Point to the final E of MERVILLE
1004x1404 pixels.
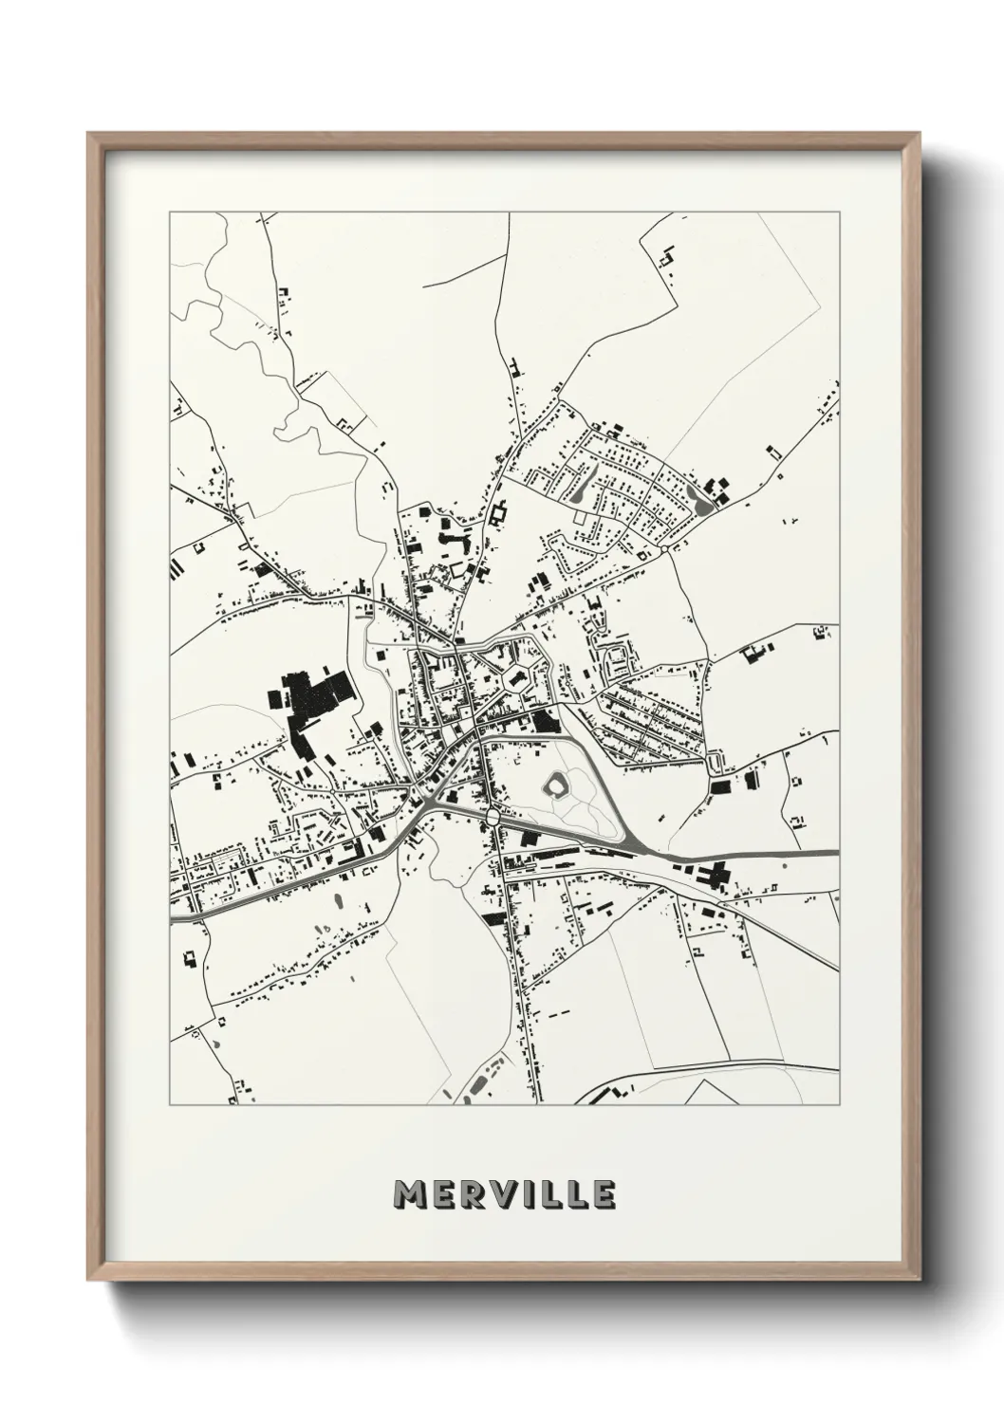click(604, 1193)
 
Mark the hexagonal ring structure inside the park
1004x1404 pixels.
click(557, 785)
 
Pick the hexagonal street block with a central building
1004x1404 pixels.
click(517, 678)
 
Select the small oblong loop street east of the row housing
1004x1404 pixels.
click(715, 763)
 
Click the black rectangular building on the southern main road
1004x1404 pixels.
click(493, 918)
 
